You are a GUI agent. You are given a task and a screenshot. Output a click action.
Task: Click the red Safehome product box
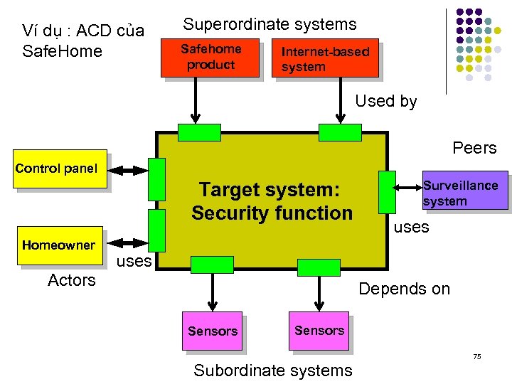pos(210,58)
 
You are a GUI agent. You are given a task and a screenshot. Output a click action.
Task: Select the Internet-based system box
pos(326,58)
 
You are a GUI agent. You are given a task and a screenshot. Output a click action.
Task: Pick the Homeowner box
pos(58,246)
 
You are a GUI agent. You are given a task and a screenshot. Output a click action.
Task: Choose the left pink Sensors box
pos(212,331)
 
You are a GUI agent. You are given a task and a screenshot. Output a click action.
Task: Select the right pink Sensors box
pos(319,331)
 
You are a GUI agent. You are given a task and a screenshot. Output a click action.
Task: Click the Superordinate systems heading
pos(270,24)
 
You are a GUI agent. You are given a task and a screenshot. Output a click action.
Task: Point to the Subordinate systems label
pos(272,370)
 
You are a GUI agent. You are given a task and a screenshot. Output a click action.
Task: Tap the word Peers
pos(474,148)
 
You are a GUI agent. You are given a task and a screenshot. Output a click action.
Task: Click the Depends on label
pos(404,289)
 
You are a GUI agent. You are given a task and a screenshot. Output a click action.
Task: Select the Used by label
pos(385,101)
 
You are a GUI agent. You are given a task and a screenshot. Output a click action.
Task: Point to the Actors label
pos(71,280)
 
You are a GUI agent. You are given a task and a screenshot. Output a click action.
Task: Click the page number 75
pos(477,356)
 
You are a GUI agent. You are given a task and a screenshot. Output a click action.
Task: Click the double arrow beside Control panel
pos(129,171)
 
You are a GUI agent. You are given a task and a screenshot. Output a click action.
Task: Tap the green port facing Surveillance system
pos(388,192)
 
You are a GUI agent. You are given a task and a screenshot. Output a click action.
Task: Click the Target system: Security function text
pos(272,201)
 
